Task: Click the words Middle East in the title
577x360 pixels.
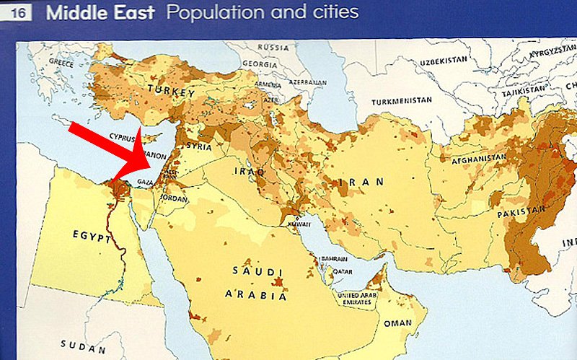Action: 100,13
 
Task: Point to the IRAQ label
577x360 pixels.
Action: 245,172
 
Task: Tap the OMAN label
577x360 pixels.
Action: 397,323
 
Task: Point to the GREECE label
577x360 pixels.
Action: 61,63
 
